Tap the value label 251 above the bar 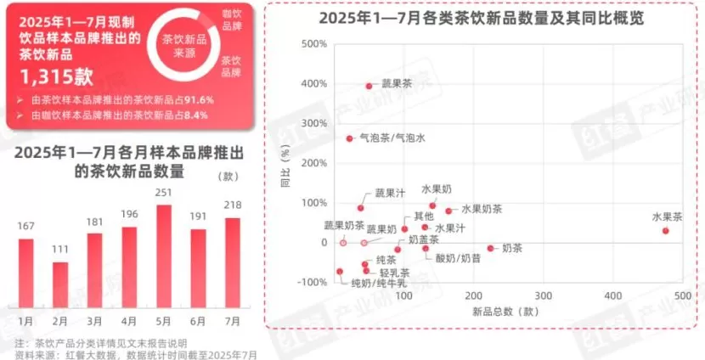[164, 194]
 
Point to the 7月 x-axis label [232, 322]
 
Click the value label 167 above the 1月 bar [25, 226]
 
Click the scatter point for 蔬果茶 [369, 86]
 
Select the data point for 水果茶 [666, 231]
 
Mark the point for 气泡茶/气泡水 [349, 138]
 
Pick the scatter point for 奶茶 [490, 249]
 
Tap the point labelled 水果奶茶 [448, 211]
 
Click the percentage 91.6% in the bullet [199, 99]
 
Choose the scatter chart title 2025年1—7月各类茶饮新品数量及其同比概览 [481, 19]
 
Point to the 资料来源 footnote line [136, 354]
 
